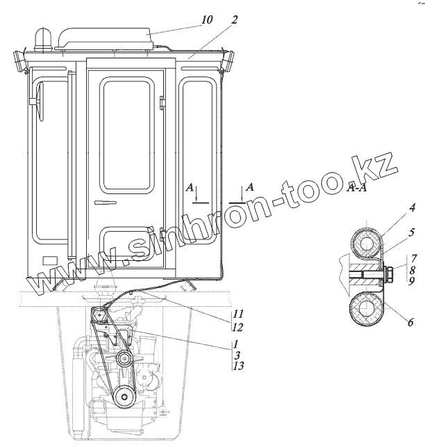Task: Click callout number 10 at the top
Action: point(207,20)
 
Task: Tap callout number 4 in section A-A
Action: point(412,207)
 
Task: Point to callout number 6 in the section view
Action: point(410,322)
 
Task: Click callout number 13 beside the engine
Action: point(238,366)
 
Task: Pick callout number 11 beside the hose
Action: point(238,314)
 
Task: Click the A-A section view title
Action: point(357,189)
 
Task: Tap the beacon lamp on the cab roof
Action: point(42,39)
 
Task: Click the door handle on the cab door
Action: point(106,202)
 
